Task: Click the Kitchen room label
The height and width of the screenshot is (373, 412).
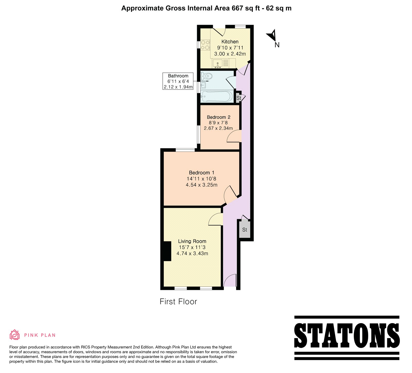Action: pyautogui.click(x=230, y=42)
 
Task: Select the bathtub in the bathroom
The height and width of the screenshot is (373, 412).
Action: pyautogui.click(x=217, y=96)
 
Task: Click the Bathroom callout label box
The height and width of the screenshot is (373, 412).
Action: pyautogui.click(x=178, y=81)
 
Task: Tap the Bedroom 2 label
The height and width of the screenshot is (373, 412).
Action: pyautogui.click(x=219, y=117)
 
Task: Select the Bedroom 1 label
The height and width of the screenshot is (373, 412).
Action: pyautogui.click(x=202, y=173)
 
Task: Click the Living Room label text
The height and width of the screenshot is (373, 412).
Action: pyautogui.click(x=192, y=241)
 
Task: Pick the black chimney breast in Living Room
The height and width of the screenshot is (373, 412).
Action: pyautogui.click(x=167, y=251)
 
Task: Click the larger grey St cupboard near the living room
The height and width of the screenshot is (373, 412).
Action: pyautogui.click(x=245, y=229)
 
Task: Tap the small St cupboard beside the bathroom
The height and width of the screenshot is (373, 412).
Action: pyautogui.click(x=239, y=98)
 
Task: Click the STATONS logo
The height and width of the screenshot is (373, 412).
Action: pyautogui.click(x=347, y=338)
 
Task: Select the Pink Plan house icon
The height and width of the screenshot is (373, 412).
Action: pyautogui.click(x=15, y=335)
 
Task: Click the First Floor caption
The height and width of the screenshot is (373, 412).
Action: pyautogui.click(x=178, y=301)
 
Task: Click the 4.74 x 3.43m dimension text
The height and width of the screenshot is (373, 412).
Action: pyautogui.click(x=192, y=253)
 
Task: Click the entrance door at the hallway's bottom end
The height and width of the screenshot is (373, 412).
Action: pyautogui.click(x=230, y=280)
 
